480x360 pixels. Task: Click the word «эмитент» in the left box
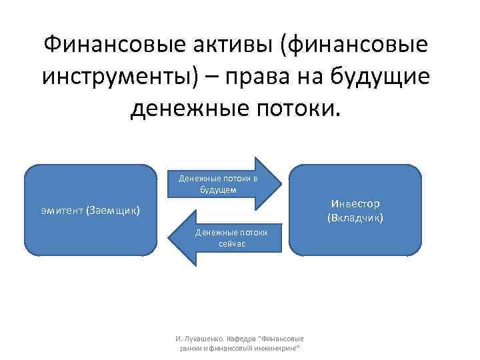point(62,211)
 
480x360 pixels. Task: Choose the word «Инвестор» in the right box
point(355,203)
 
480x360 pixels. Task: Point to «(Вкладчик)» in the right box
point(355,218)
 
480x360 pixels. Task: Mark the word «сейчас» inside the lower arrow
point(232,245)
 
